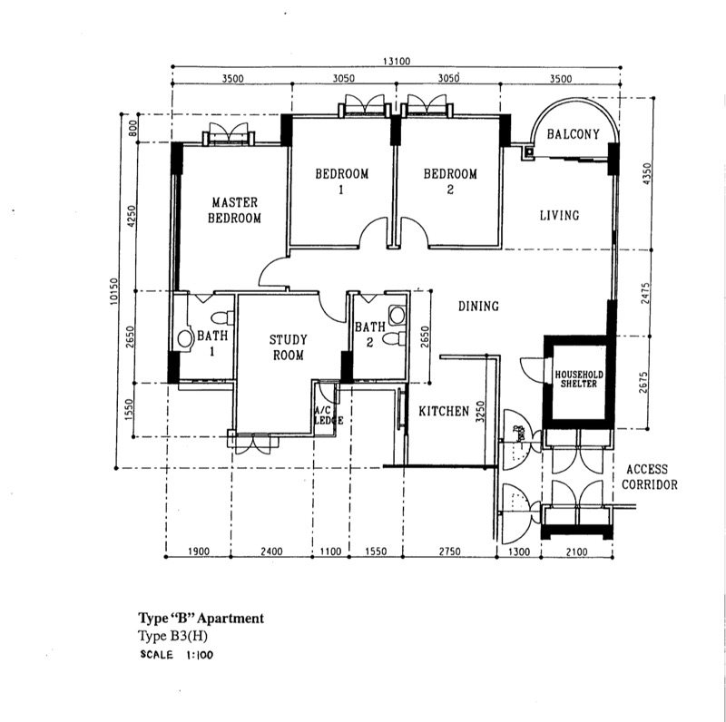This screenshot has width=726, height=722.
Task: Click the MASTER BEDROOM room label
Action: point(234,210)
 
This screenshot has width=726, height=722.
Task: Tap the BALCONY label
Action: point(574,134)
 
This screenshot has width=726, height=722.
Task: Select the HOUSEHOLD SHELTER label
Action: point(579,379)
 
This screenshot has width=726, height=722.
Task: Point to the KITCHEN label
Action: point(444,411)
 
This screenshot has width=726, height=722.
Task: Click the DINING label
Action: point(479,306)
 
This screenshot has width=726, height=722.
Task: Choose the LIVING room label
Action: point(559,215)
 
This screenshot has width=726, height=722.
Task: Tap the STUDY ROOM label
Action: point(288,347)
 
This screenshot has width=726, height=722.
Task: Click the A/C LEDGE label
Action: point(329,415)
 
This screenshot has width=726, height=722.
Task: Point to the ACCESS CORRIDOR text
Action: point(649,477)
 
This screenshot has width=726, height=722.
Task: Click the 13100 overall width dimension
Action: point(397,61)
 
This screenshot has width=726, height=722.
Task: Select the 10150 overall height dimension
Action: point(114,291)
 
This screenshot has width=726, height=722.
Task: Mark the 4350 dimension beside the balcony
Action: point(647,173)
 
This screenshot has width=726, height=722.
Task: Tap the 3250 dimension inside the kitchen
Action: point(480,412)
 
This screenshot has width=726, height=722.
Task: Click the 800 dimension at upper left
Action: point(132,128)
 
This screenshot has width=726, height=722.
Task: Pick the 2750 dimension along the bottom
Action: point(449,551)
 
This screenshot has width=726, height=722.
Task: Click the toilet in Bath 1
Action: point(222,318)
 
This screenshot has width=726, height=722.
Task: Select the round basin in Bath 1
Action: point(185,339)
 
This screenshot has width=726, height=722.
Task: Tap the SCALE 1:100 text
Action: point(176,655)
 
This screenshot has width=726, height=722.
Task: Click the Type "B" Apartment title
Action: point(201,619)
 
